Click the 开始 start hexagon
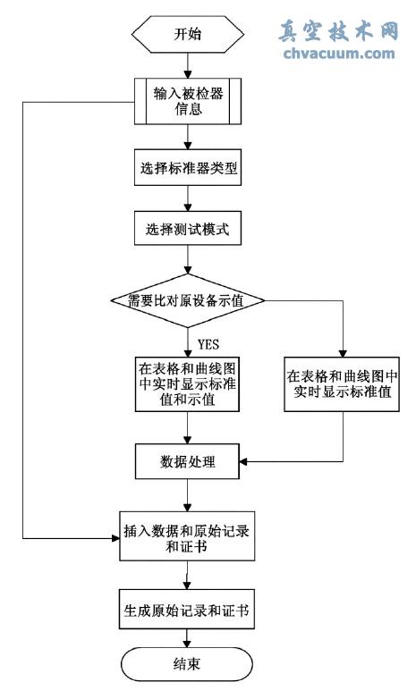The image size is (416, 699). pos(187,35)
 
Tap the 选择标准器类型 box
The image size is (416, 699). pos(187,168)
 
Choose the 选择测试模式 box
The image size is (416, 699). pos(187,229)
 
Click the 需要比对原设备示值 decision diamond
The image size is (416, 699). pos(187,300)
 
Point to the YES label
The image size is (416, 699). pos(208,344)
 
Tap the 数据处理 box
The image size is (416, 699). pos(187,462)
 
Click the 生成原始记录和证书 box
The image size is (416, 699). pos(187,612)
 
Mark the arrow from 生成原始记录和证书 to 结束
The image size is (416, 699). pos(187,641)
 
